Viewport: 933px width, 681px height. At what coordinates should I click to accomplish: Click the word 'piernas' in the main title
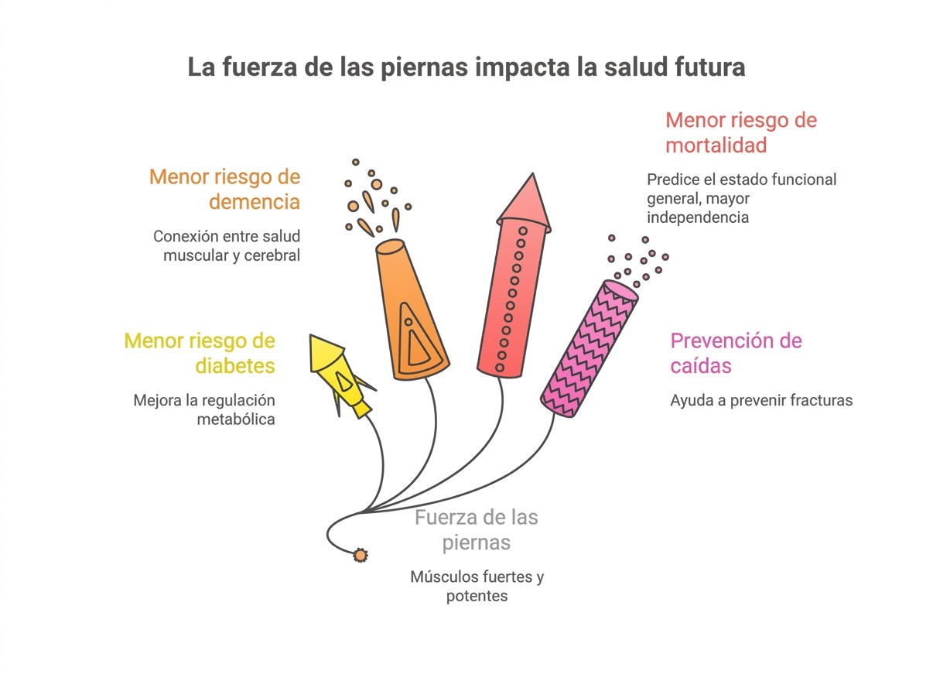425,67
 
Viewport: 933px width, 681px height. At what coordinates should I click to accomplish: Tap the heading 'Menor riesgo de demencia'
224,189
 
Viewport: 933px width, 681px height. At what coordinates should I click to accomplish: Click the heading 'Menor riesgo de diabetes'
199,352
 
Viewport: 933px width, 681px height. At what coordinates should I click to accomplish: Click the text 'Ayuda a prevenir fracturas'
760,400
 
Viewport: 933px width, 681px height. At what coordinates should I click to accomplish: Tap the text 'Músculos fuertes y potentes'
477,586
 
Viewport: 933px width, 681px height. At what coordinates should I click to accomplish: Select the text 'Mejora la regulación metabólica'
204,409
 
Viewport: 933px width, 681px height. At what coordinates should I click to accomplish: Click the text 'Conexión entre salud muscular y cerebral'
226,245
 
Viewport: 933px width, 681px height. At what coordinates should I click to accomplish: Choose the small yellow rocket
340,375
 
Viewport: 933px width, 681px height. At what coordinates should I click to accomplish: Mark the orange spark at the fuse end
360,555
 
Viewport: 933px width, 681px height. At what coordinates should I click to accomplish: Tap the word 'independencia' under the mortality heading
697,217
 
